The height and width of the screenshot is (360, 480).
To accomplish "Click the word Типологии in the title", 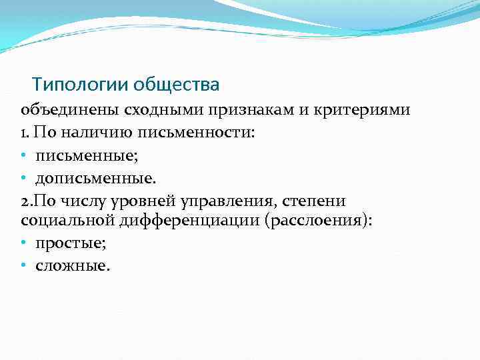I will tap(81, 85).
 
